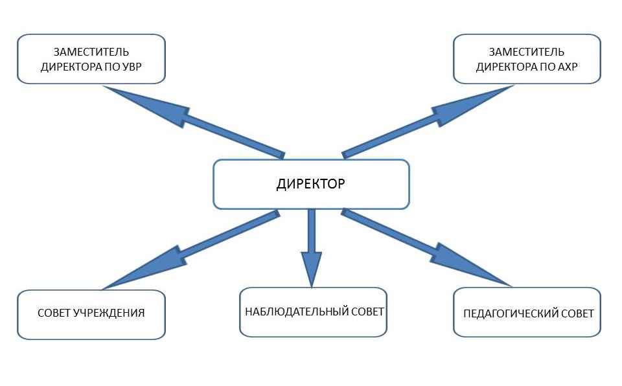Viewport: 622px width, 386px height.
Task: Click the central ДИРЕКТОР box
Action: pyautogui.click(x=311, y=185)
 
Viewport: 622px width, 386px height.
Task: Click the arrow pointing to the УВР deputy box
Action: pyautogui.click(x=188, y=120)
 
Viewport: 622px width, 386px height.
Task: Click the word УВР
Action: pyautogui.click(x=135, y=67)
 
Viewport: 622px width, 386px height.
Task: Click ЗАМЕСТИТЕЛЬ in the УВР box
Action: pyautogui.click(x=91, y=52)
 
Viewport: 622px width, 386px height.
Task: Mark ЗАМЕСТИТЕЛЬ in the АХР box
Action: pyautogui.click(x=526, y=52)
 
